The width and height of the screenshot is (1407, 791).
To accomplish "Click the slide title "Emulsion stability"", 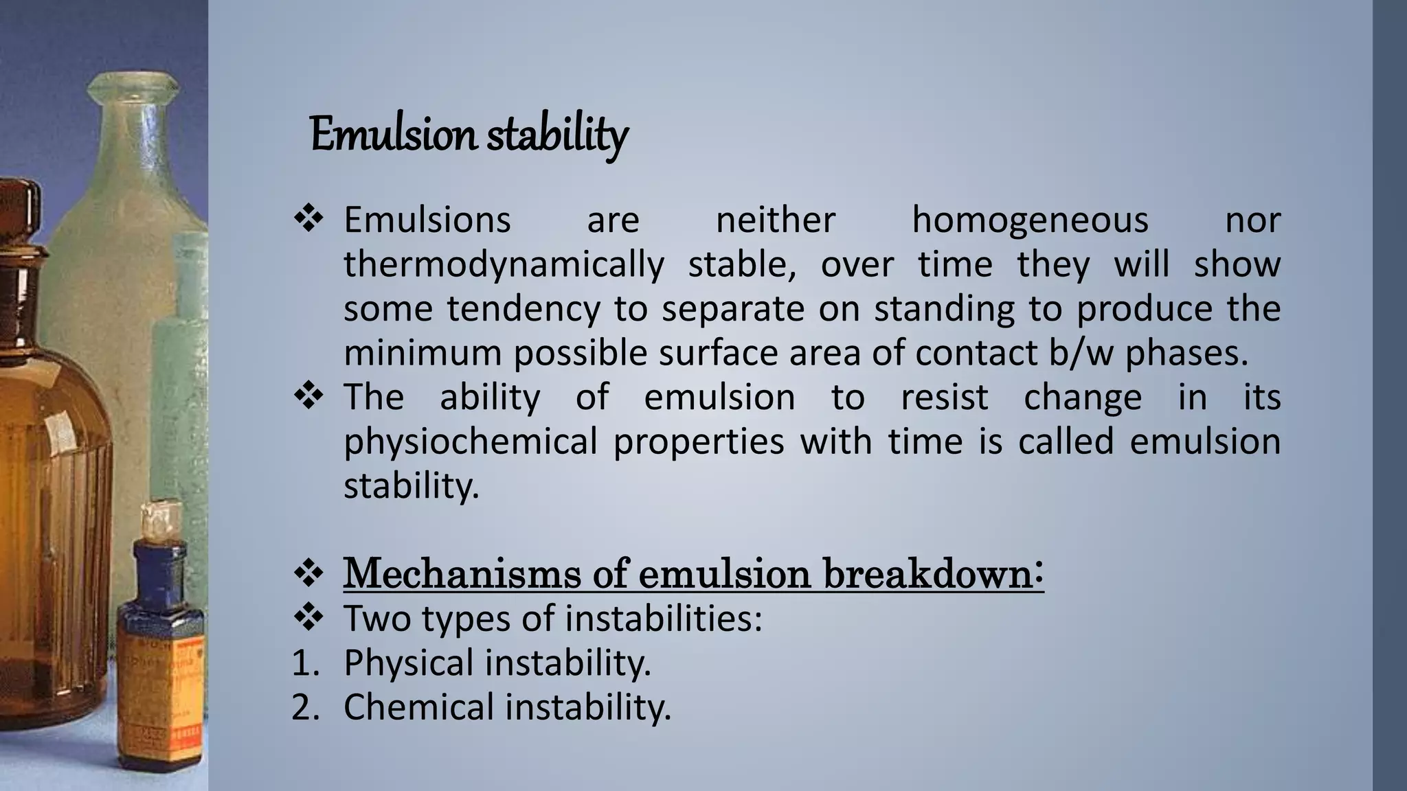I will pos(469,135).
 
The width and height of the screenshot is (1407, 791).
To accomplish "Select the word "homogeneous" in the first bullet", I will pos(1030,220).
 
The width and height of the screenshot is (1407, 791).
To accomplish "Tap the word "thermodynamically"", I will pos(504,265).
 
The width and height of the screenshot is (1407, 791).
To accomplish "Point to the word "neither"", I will pos(776,220).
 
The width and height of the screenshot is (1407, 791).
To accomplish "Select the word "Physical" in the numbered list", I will pos(409,663).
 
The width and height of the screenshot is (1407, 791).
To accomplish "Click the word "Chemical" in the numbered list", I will pos(418,707).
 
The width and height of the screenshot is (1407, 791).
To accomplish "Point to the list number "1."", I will pos(306,663).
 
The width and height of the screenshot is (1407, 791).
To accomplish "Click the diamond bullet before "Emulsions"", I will pos(308,220).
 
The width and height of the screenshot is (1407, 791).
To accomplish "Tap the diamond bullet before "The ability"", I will pos(308,397).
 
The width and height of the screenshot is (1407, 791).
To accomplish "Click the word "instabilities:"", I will pos(664,619).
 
